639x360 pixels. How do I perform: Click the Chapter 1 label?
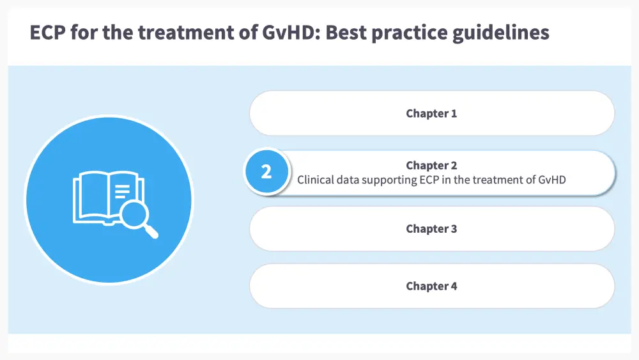tap(431, 113)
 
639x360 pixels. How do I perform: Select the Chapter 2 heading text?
tap(431, 165)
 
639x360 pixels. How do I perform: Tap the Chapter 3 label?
tap(431, 229)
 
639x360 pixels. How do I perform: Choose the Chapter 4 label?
tap(431, 286)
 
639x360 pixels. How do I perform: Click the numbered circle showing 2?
tap(266, 171)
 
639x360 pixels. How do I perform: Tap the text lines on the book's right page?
tap(122, 191)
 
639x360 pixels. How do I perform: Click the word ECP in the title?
tap(48, 32)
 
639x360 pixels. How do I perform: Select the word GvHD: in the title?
tap(291, 32)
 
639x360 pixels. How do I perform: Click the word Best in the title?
tap(346, 32)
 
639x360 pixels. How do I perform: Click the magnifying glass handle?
tap(151, 231)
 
